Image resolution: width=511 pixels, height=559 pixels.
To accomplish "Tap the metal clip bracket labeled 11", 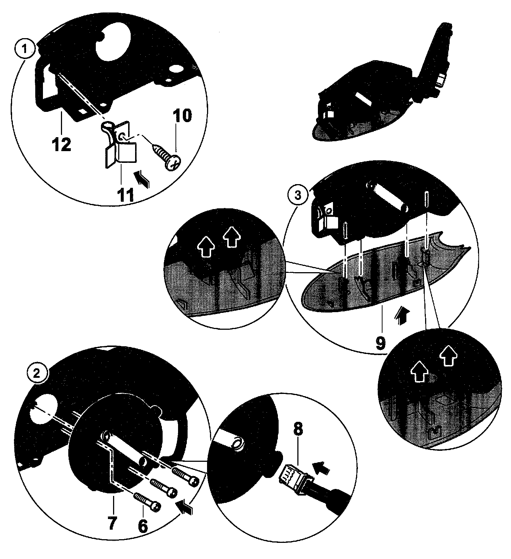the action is click(x=117, y=144).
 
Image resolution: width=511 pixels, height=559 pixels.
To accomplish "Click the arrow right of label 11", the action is click(x=142, y=179).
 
